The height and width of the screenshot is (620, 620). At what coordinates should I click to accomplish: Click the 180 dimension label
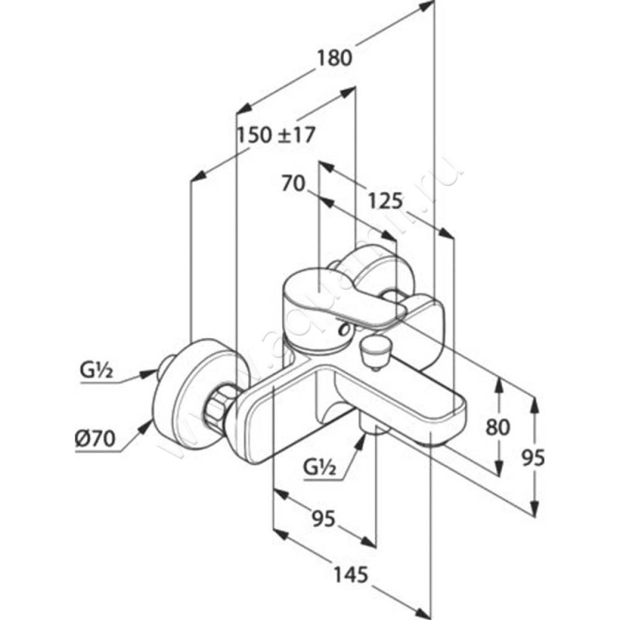pyautogui.click(x=335, y=57)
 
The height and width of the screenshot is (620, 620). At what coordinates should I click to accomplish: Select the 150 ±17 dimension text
pyautogui.click(x=276, y=135)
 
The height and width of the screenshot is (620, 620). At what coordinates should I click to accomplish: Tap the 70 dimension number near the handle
pyautogui.click(x=292, y=184)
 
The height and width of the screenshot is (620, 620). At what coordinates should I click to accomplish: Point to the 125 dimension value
pyautogui.click(x=385, y=202)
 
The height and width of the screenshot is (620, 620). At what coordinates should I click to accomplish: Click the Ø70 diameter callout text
pyautogui.click(x=96, y=439)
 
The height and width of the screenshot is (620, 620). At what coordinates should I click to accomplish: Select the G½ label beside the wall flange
pyautogui.click(x=97, y=370)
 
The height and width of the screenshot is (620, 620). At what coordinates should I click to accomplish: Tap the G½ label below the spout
pyautogui.click(x=319, y=467)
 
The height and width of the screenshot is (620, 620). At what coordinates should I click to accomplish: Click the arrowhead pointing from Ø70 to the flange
pyautogui.click(x=146, y=425)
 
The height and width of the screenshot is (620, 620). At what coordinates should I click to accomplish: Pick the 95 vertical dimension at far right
pyautogui.click(x=533, y=457)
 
